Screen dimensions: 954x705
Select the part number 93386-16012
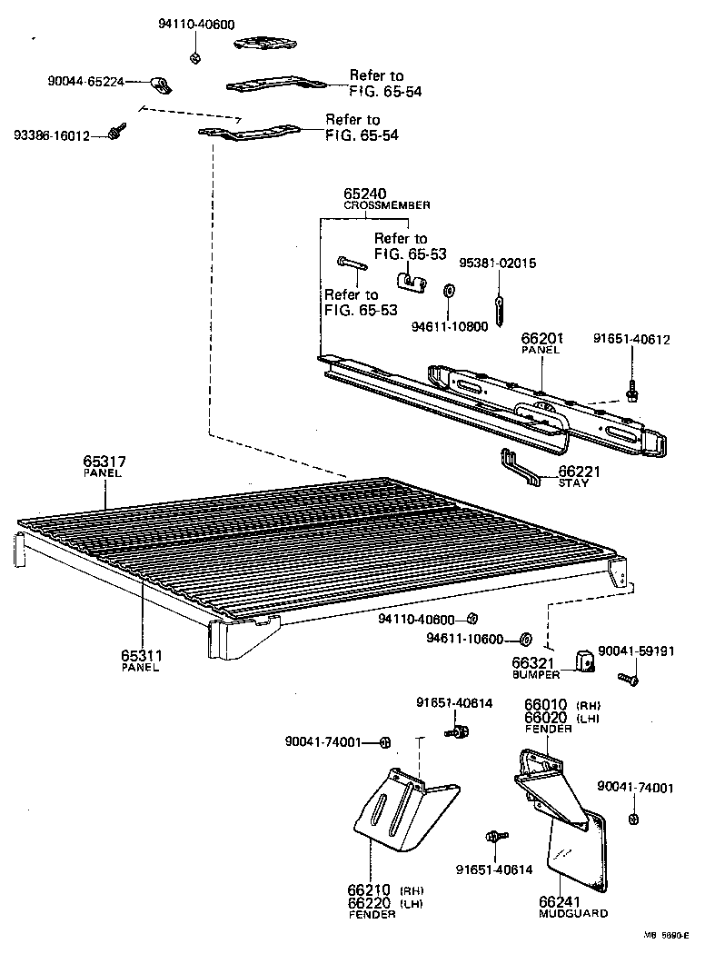52,136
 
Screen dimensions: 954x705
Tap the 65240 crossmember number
365,194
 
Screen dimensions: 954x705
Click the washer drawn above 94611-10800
449,291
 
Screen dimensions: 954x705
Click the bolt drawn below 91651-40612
631,391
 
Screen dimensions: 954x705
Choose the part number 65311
141,655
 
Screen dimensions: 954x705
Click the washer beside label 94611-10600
526,639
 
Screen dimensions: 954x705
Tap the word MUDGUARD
573,913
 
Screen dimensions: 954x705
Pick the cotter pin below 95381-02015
498,297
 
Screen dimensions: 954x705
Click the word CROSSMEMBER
387,206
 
